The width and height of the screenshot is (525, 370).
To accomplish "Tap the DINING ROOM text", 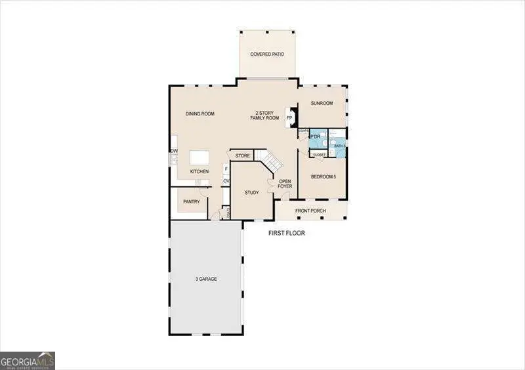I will tap(199, 114).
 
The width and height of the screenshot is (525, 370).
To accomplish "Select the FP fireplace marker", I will tap(289, 118).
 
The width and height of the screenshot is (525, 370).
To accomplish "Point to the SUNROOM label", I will tap(322, 104).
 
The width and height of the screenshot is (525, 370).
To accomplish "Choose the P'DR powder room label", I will tap(315, 136).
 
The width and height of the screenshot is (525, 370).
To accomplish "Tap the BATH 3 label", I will tap(339, 146).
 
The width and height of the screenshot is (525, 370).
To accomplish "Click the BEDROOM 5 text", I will tap(323, 177).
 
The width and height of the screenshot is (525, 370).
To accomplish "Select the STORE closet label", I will tap(243, 156).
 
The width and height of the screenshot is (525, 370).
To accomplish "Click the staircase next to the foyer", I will tap(270, 159).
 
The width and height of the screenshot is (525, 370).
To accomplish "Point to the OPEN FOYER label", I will tap(285, 184).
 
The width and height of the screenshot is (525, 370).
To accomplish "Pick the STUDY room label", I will tap(251, 193).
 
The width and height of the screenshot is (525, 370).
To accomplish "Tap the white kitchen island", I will tap(199, 159).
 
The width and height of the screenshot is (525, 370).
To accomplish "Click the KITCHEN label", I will tap(199, 172).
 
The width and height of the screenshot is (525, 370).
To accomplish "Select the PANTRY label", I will tap(192, 202).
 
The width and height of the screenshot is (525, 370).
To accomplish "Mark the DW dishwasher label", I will tap(175, 152).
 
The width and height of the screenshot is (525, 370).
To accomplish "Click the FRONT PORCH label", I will tap(310, 211).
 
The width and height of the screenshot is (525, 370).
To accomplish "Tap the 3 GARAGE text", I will tap(206, 279).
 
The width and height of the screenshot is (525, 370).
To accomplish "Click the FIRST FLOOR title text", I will tap(287, 233).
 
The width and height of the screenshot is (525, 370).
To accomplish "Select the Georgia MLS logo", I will tap(28, 360).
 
